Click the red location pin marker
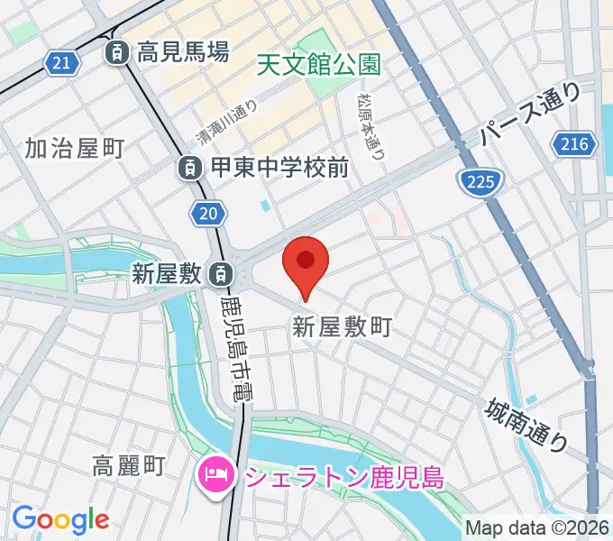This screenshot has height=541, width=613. [x=306, y=262]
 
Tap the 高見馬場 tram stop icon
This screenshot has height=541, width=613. [x=116, y=53]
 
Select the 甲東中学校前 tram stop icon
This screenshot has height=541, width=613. [x=189, y=167]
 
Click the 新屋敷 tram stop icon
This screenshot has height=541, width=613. [x=219, y=271]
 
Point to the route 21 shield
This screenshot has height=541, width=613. [x=59, y=62]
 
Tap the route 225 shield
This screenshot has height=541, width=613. [x=479, y=183]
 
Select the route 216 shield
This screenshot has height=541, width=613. [x=573, y=143]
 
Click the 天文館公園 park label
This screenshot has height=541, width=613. [x=318, y=64]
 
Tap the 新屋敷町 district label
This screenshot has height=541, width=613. [x=342, y=327]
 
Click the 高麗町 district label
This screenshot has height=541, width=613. [x=129, y=465]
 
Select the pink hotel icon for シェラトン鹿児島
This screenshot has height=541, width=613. [x=216, y=472]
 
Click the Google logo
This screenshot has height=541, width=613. [x=60, y=519]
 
